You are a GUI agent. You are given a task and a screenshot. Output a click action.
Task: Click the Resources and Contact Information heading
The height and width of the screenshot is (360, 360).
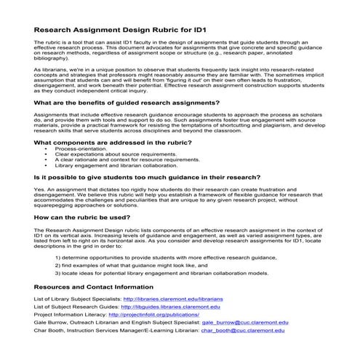point(93,287)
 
